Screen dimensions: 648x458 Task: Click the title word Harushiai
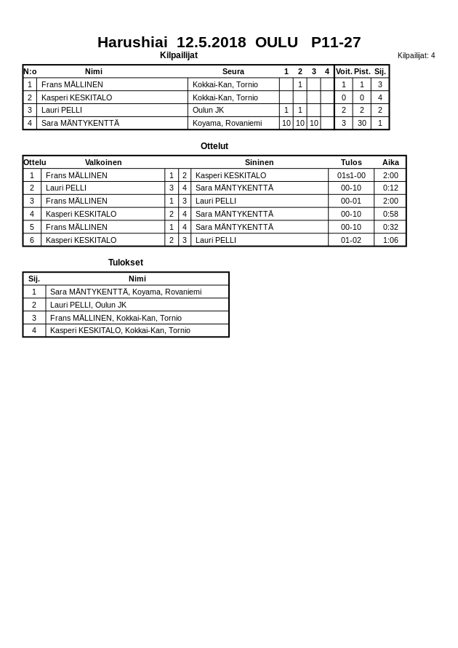132,42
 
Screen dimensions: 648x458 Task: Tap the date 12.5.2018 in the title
211,42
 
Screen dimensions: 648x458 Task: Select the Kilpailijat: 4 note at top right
416,55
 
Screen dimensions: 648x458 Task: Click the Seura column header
233,71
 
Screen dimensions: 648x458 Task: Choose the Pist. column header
362,71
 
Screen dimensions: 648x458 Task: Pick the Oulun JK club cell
208,110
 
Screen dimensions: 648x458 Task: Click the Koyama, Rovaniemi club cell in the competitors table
227,123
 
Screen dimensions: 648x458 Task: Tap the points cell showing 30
362,123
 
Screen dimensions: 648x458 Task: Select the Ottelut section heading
214,146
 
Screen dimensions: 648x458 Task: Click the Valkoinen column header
103,162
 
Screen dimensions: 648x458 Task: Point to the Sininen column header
259,162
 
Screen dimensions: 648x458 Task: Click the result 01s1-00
351,175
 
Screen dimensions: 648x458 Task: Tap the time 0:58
390,214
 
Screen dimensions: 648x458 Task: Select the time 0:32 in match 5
390,227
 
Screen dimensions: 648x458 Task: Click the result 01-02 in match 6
351,240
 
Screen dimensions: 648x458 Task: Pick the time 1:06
390,240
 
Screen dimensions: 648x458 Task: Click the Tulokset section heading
126,263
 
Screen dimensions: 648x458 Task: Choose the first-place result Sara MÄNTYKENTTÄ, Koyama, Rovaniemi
126,292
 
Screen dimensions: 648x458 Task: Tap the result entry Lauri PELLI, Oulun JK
88,305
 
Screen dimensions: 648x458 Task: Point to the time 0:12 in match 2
390,188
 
